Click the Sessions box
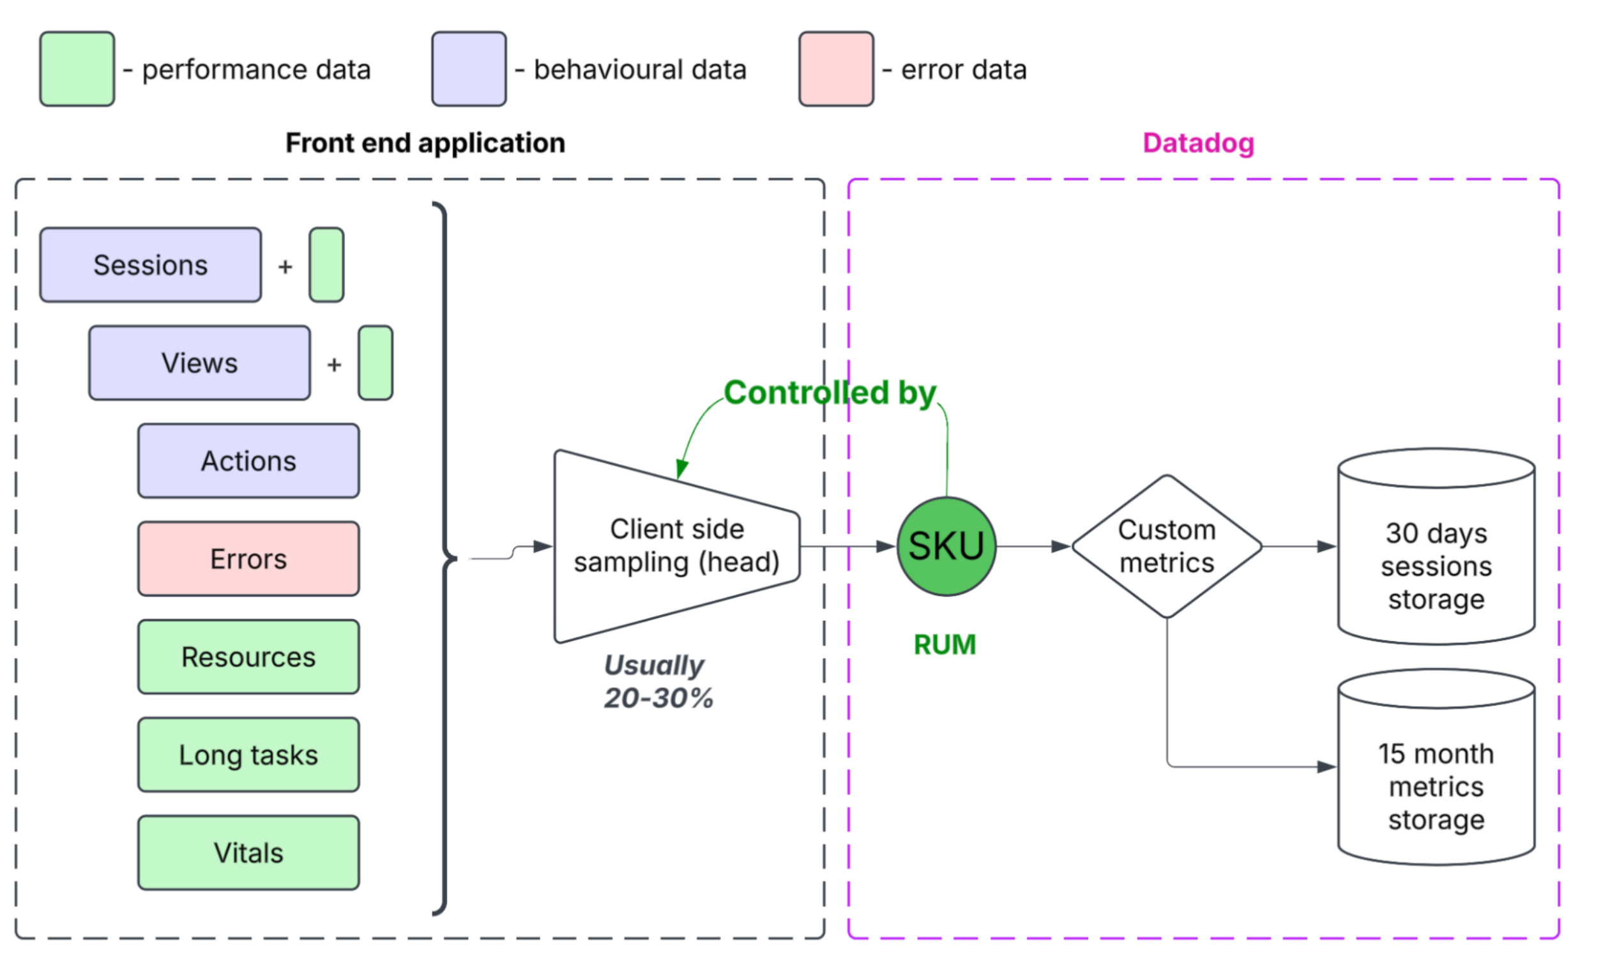(151, 265)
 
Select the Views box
(200, 363)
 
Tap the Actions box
(248, 460)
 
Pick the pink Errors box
(248, 559)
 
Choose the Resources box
(248, 656)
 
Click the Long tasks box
(248, 755)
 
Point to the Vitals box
(248, 853)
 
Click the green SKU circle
(946, 547)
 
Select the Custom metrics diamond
(1167, 547)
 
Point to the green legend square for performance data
(77, 69)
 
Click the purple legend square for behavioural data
(469, 69)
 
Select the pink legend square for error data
(837, 69)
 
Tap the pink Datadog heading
(1199, 143)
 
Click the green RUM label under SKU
(945, 645)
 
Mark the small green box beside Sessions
(326, 265)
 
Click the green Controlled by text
(830, 393)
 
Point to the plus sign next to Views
(334, 365)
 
